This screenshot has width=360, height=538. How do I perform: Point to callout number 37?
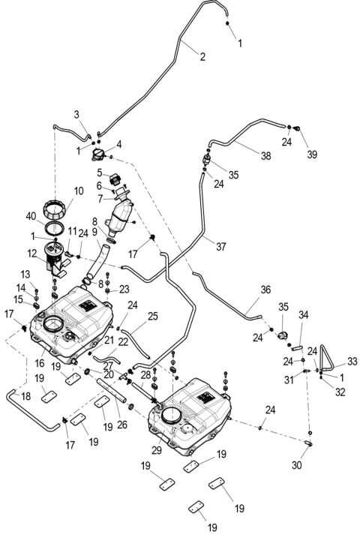click(221, 245)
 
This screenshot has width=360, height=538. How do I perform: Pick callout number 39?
click(311, 155)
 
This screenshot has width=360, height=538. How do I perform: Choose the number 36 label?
click(265, 289)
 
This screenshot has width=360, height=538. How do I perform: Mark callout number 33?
click(352, 361)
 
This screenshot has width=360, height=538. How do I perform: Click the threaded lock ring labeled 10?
click(57, 206)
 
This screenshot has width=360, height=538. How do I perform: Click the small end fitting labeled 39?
click(298, 129)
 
